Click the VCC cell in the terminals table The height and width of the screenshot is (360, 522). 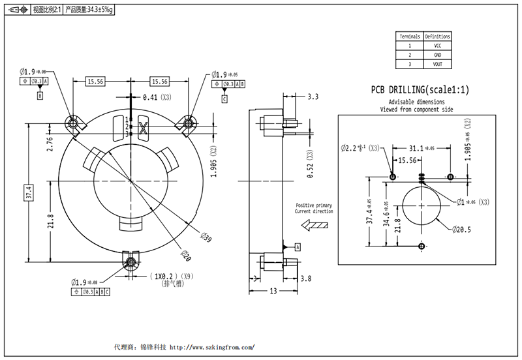pyautogui.click(x=437, y=46)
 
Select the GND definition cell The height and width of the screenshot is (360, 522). pyautogui.click(x=437, y=55)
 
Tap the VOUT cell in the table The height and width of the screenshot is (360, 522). pyautogui.click(x=437, y=64)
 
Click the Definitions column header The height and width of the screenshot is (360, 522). pyautogui.click(x=437, y=37)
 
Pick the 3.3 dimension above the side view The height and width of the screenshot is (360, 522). pyautogui.click(x=312, y=97)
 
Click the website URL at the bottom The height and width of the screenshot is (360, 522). pyautogui.click(x=211, y=348)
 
